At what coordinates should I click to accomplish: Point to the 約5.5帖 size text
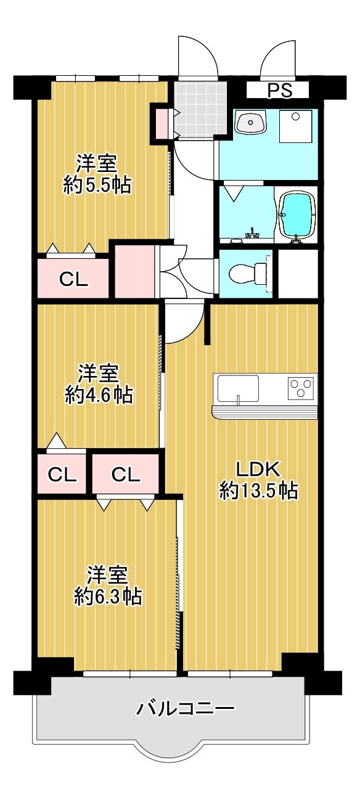(x=97, y=185)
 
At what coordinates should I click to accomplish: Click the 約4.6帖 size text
(x=99, y=395)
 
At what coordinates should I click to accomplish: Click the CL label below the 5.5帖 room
(x=73, y=280)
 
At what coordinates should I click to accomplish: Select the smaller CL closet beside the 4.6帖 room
(x=62, y=474)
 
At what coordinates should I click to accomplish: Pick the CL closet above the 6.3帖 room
(x=126, y=474)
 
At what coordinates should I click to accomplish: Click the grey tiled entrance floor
(x=200, y=109)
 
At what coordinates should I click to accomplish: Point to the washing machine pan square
(x=296, y=126)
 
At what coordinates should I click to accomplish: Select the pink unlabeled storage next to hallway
(x=134, y=272)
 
